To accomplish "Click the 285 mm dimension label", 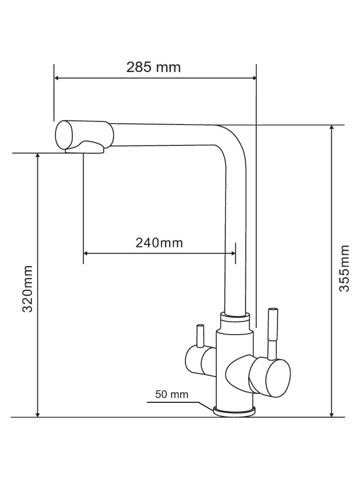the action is point(153,67).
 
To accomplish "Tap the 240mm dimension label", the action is point(159,243).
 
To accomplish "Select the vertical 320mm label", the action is point(28,289).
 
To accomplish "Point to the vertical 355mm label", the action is point(344,269).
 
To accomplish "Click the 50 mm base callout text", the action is point(171,394).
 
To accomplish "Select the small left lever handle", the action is point(200,336).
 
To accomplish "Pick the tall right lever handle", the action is point(272,334).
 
